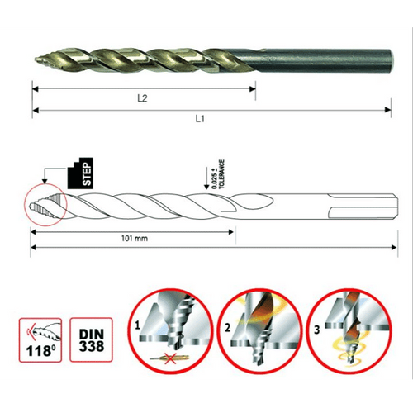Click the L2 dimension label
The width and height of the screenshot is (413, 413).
[142, 98]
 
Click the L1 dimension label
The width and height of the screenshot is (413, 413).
[200, 119]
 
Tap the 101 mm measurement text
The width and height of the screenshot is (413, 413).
[135, 239]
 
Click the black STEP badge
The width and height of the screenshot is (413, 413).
[80, 173]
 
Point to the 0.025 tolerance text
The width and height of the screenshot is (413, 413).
[219, 174]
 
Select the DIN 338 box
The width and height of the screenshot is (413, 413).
[91, 339]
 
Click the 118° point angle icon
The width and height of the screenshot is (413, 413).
[40, 340]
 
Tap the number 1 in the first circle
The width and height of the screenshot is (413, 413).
[138, 325]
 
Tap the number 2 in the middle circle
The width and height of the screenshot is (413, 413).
[227, 328]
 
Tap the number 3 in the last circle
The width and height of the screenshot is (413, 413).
[317, 330]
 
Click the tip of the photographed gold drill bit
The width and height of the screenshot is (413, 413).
[36, 59]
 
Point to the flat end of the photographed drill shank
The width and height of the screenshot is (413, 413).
[392, 59]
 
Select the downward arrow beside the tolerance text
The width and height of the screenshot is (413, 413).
[206, 178]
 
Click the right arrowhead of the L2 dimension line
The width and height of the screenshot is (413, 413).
[252, 88]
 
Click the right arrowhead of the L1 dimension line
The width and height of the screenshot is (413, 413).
[388, 110]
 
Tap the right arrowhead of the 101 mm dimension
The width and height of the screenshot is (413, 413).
[230, 232]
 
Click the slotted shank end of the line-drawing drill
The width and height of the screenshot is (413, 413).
[363, 206]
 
